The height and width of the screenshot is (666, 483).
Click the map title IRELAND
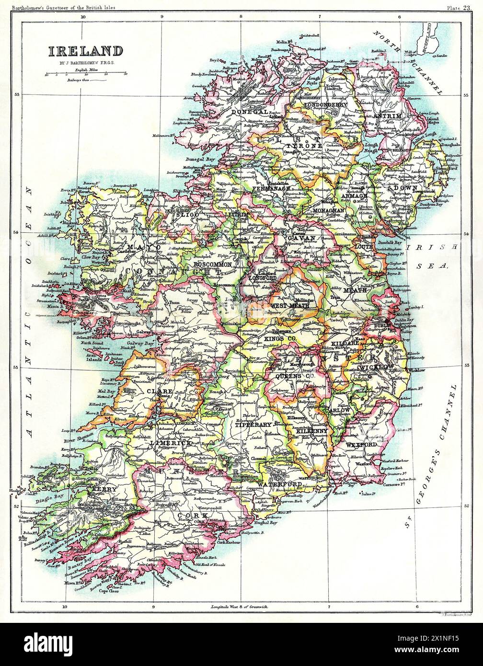click(x=84, y=50)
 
